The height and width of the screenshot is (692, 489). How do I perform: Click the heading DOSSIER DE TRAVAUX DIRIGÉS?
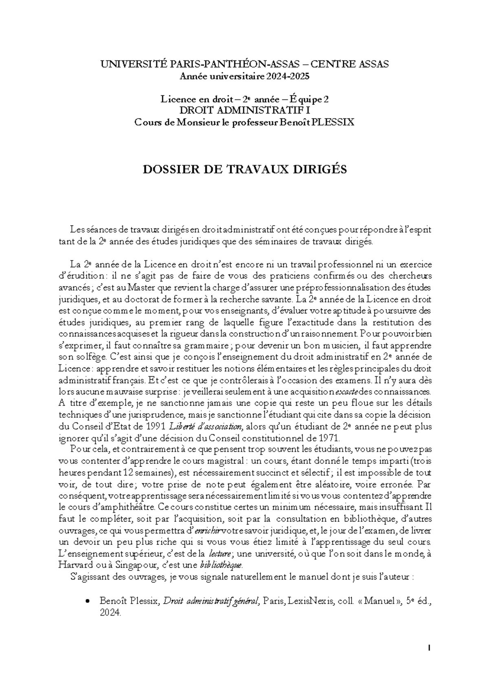point(244,169)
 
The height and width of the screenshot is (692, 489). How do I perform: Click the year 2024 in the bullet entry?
point(110,612)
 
